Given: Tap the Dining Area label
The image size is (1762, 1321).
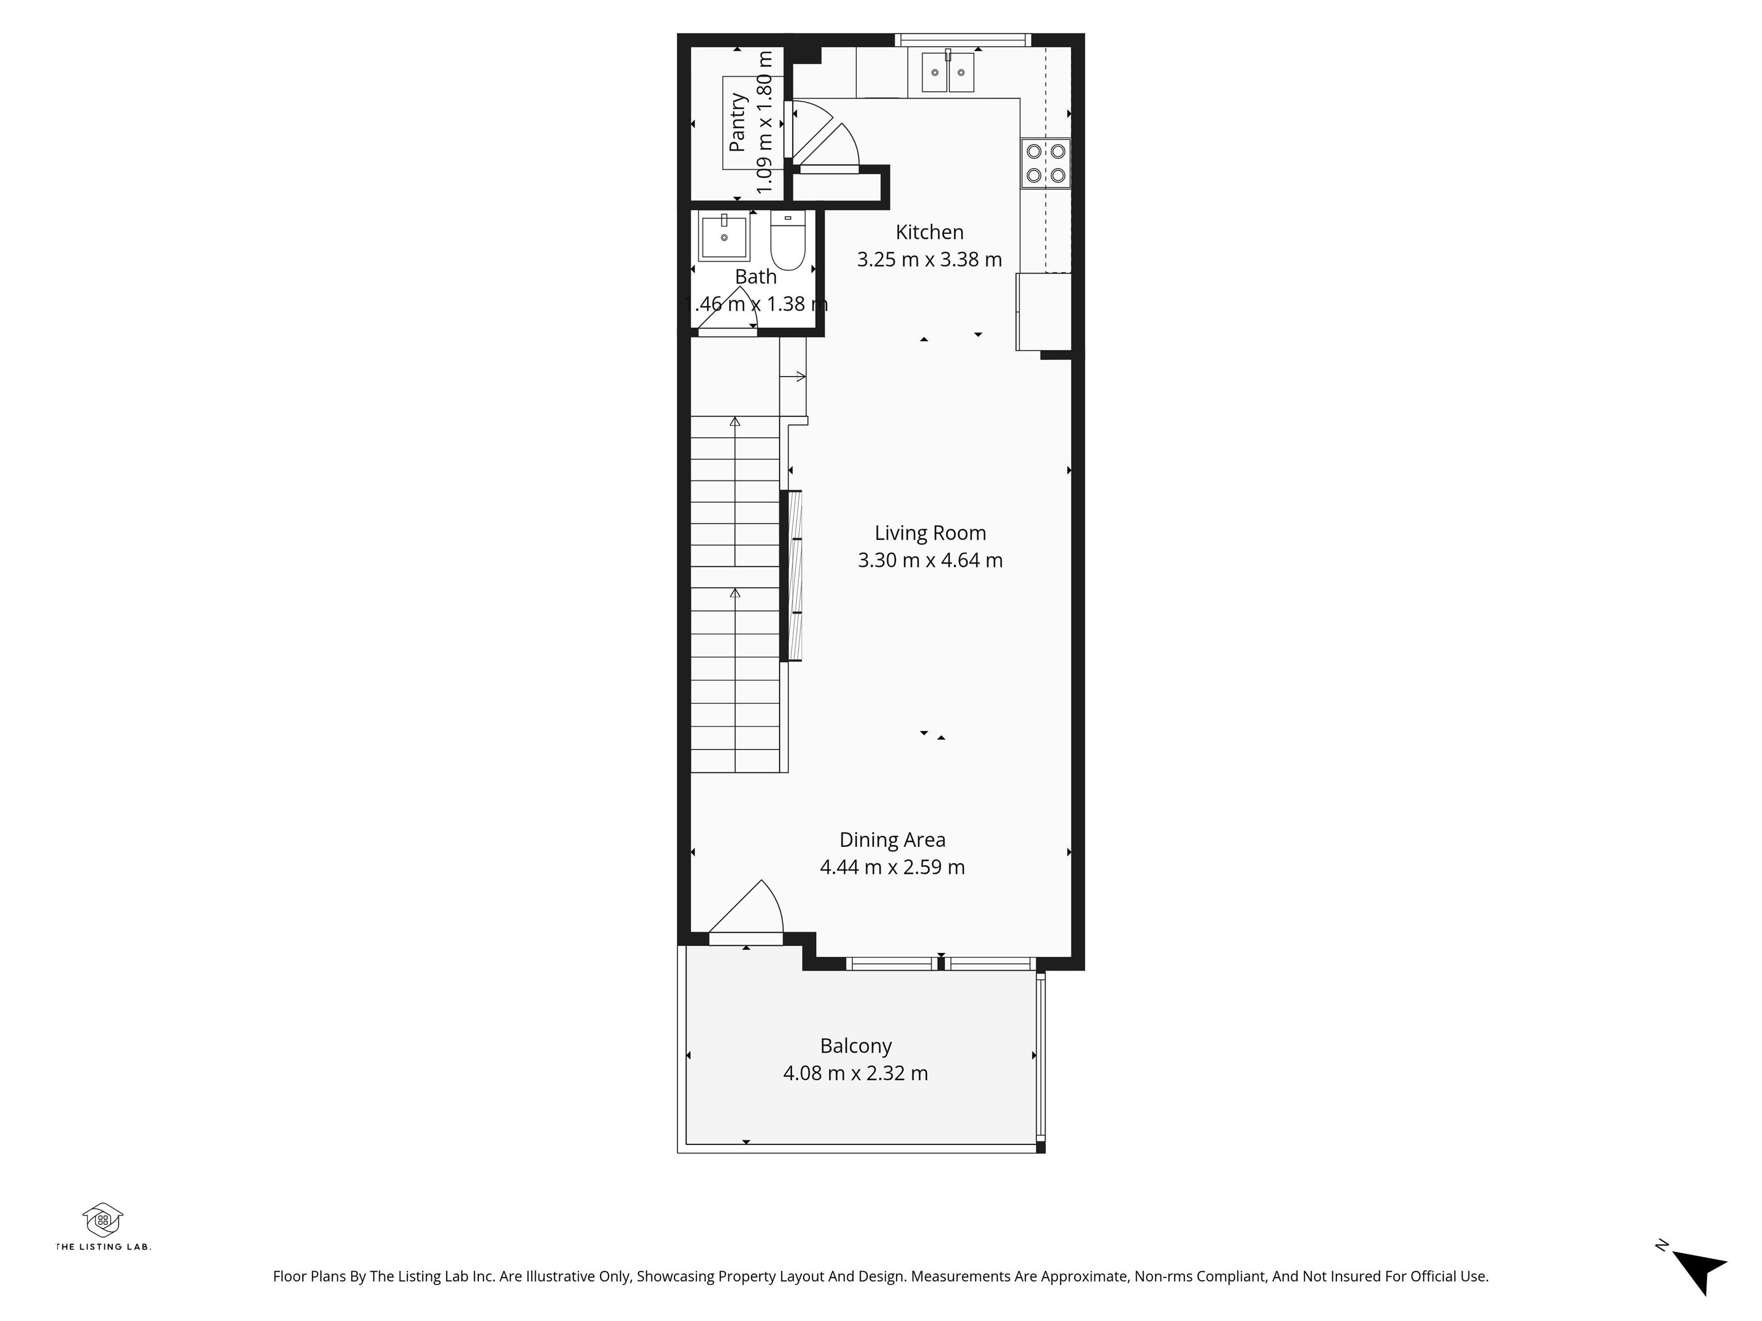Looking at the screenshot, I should pos(892,840).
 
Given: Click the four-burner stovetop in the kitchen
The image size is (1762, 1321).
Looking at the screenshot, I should pos(1045,163).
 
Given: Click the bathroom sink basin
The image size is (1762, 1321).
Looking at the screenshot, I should pos(724,236).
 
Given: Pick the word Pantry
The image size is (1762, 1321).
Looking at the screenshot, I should pos(738,122).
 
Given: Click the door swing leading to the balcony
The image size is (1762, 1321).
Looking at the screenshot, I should pos(749,912).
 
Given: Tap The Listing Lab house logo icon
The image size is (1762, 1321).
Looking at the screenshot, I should pos(103,1219).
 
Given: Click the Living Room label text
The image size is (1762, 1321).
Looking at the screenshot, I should pos(930,533).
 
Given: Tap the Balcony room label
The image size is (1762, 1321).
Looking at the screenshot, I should pos(856,1045).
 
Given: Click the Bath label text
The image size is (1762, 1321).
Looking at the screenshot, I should pos(755,276).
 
